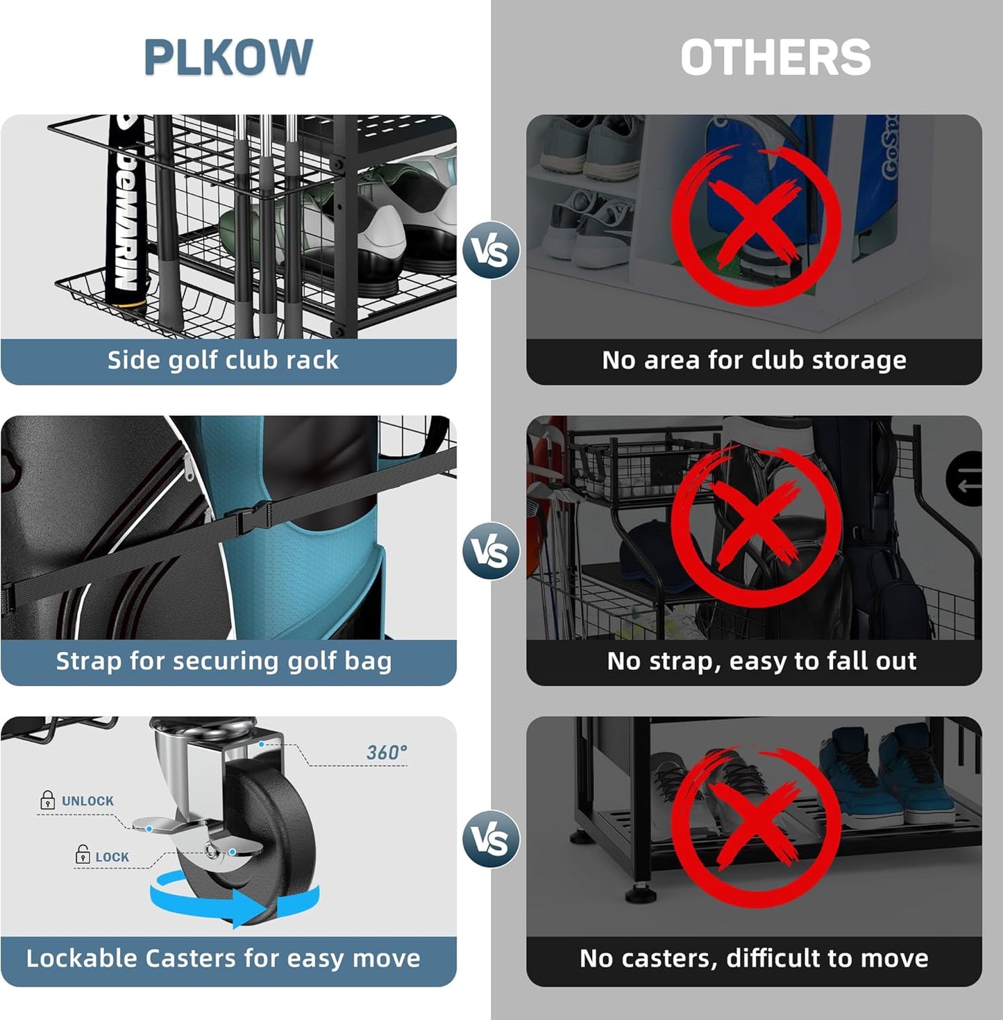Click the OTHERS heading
[775, 57]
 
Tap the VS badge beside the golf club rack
[491, 251]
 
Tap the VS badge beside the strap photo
[491, 551]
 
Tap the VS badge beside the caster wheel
[491, 839]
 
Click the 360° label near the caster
[387, 753]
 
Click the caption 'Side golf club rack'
[223, 360]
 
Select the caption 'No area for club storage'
[754, 360]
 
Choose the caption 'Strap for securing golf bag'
[224, 661]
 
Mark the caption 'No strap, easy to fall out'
[761, 661]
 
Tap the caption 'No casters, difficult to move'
[754, 958]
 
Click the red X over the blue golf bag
[756, 226]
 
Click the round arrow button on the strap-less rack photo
[967, 479]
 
